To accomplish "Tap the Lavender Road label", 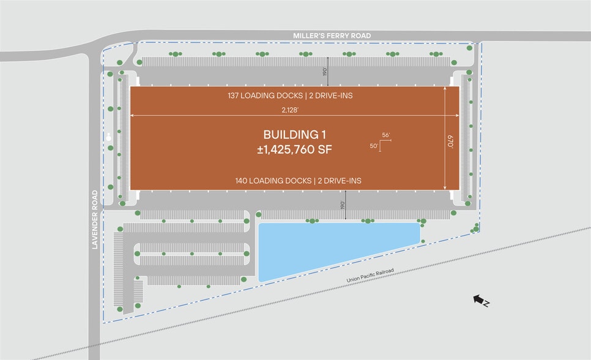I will click(95, 220).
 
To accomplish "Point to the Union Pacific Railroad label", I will click(370, 277).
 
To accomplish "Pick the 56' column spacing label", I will click(386, 135).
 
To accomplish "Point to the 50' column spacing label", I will click(374, 146).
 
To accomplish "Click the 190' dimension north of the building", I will click(325, 70).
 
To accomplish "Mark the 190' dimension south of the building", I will click(344, 204).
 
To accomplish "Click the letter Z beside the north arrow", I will click(486, 303).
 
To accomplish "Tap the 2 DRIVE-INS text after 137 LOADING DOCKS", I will click(331, 96).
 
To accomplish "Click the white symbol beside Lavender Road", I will click(110, 137).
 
